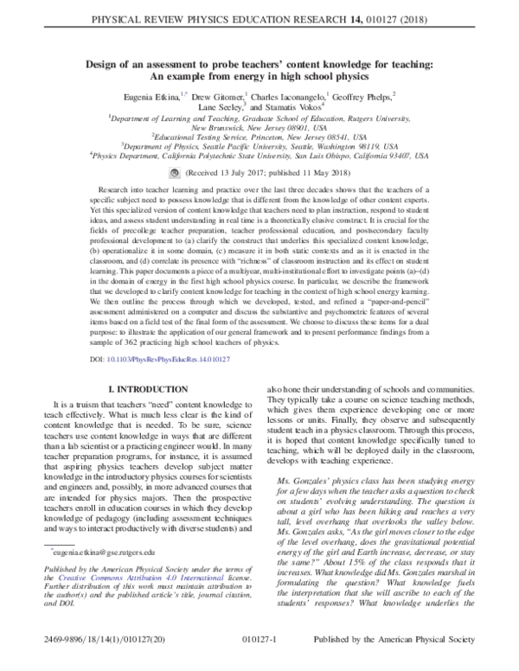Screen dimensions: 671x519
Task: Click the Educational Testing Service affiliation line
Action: coord(259,137)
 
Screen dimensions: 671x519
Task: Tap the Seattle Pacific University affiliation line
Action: coord(259,146)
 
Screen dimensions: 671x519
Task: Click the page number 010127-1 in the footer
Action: coord(259,658)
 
